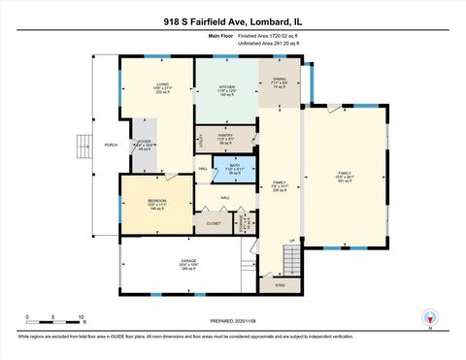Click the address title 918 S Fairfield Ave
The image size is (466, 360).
tap(233, 19)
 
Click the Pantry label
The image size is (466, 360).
tap(224, 138)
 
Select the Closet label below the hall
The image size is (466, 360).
tap(213, 223)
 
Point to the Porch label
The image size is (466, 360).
tap(111, 146)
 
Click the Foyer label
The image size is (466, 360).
tap(145, 145)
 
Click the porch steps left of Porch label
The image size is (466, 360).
tap(84, 147)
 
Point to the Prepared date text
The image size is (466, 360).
tap(233, 320)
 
